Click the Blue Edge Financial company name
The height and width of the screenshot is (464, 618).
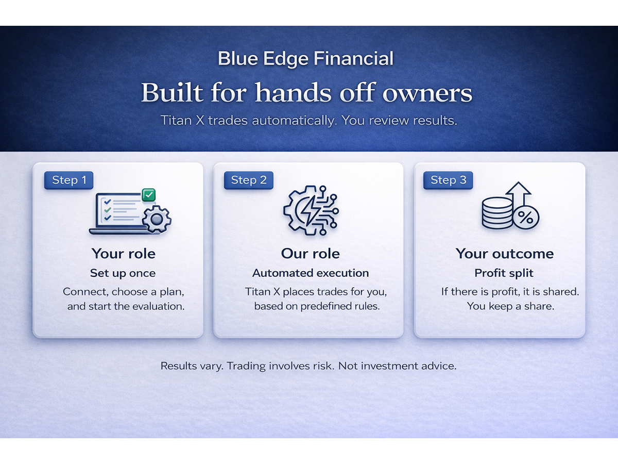click(305, 58)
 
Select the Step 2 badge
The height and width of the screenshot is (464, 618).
click(249, 180)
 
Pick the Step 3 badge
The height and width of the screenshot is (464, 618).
click(448, 180)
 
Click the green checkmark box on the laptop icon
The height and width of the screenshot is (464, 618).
click(149, 195)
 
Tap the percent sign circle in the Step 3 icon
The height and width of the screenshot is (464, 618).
click(525, 217)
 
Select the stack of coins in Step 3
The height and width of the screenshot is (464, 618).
click(497, 213)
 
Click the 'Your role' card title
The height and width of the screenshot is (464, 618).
click(124, 254)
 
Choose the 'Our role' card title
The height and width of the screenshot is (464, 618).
click(310, 254)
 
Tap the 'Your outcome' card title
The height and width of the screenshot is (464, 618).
click(504, 254)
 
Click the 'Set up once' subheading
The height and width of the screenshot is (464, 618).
click(123, 273)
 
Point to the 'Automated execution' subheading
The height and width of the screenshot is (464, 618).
click(310, 273)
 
